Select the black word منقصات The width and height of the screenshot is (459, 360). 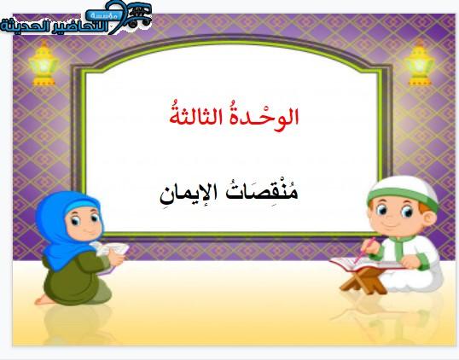263,193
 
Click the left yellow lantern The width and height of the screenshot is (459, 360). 44,63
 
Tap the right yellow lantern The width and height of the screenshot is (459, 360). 420,63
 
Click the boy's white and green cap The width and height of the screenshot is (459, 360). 404,191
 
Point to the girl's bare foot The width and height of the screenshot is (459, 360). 44,299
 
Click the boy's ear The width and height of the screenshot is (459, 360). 429,218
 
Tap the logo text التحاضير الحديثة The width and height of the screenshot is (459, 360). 54,26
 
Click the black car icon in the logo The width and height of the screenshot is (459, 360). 139,15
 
